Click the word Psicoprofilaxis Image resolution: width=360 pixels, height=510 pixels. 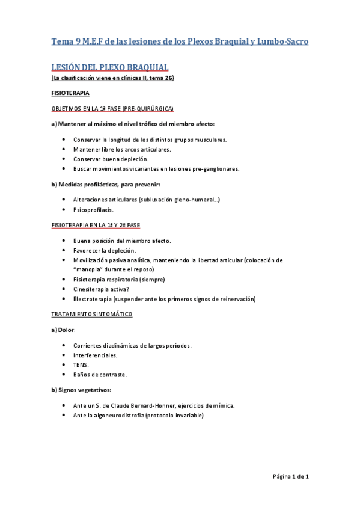94,210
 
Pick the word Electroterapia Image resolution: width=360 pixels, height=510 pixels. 93,299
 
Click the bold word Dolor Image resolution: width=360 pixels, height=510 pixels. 67,330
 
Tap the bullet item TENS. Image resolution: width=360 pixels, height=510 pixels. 81,364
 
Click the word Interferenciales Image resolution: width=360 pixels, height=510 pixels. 96,355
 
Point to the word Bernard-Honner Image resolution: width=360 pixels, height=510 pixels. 157,405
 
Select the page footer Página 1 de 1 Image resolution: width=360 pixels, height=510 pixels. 290,477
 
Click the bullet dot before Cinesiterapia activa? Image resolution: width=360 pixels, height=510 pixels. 64,289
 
